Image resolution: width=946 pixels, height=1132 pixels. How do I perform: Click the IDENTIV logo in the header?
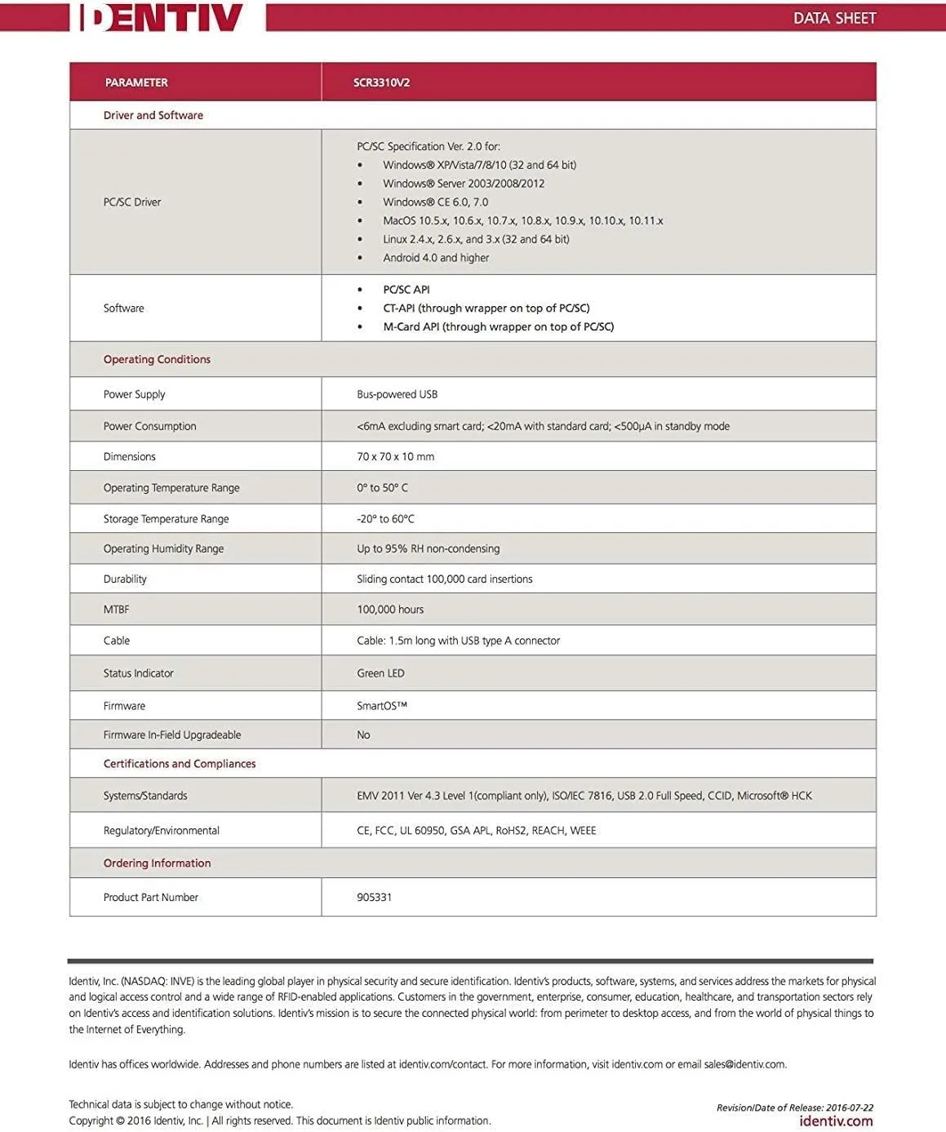(x=162, y=17)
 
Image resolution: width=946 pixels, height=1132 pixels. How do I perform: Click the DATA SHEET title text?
(x=834, y=18)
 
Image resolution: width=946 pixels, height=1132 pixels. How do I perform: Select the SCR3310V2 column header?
(x=381, y=82)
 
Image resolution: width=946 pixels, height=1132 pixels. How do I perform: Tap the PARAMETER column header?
(x=136, y=82)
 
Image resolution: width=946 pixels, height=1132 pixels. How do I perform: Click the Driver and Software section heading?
(x=153, y=115)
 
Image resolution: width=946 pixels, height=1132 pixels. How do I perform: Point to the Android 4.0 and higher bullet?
(x=436, y=258)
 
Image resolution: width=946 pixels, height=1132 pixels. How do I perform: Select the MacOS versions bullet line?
(x=522, y=220)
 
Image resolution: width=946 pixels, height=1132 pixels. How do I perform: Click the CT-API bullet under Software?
(x=486, y=308)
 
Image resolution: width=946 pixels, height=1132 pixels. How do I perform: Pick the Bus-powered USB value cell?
(x=397, y=394)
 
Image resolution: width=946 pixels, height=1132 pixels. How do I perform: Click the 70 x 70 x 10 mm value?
(x=395, y=456)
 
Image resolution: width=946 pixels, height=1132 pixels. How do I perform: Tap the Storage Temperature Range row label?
(x=166, y=518)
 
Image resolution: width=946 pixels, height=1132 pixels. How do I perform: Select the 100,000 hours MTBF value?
(x=390, y=609)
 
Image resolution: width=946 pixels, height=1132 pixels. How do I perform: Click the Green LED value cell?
(x=380, y=673)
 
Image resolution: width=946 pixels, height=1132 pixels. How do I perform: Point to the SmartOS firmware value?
(x=381, y=706)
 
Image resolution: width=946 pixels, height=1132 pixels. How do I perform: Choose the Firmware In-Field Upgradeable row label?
(x=172, y=735)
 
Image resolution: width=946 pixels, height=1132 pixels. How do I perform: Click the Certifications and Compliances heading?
(x=180, y=764)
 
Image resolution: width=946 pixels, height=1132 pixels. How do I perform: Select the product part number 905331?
(x=374, y=897)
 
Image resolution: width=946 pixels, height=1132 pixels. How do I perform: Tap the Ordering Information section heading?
(x=157, y=863)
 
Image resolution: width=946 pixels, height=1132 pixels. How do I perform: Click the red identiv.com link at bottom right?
(x=836, y=1121)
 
